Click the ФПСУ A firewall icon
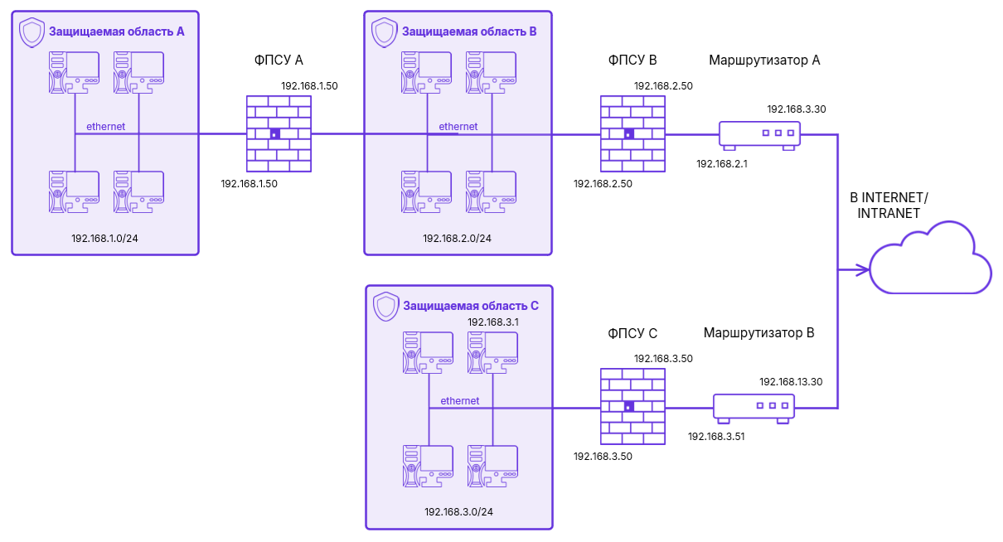pos(279,133)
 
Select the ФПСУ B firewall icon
pos(632,133)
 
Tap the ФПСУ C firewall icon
pos(632,406)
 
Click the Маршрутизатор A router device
pos(758,133)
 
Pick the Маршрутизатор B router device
pos(753,407)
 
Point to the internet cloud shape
pos(930,259)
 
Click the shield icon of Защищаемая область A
pos(31,33)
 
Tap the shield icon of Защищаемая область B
pos(385,32)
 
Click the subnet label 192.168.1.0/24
pos(105,239)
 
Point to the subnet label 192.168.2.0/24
pos(457,239)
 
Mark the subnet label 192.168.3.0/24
pos(458,512)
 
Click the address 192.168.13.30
pos(791,382)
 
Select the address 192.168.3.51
pos(717,436)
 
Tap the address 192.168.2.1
pos(722,164)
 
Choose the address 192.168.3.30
pos(797,109)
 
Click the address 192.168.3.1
pos(493,322)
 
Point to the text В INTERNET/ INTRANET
pos(889,206)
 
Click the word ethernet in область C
pos(459,401)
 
